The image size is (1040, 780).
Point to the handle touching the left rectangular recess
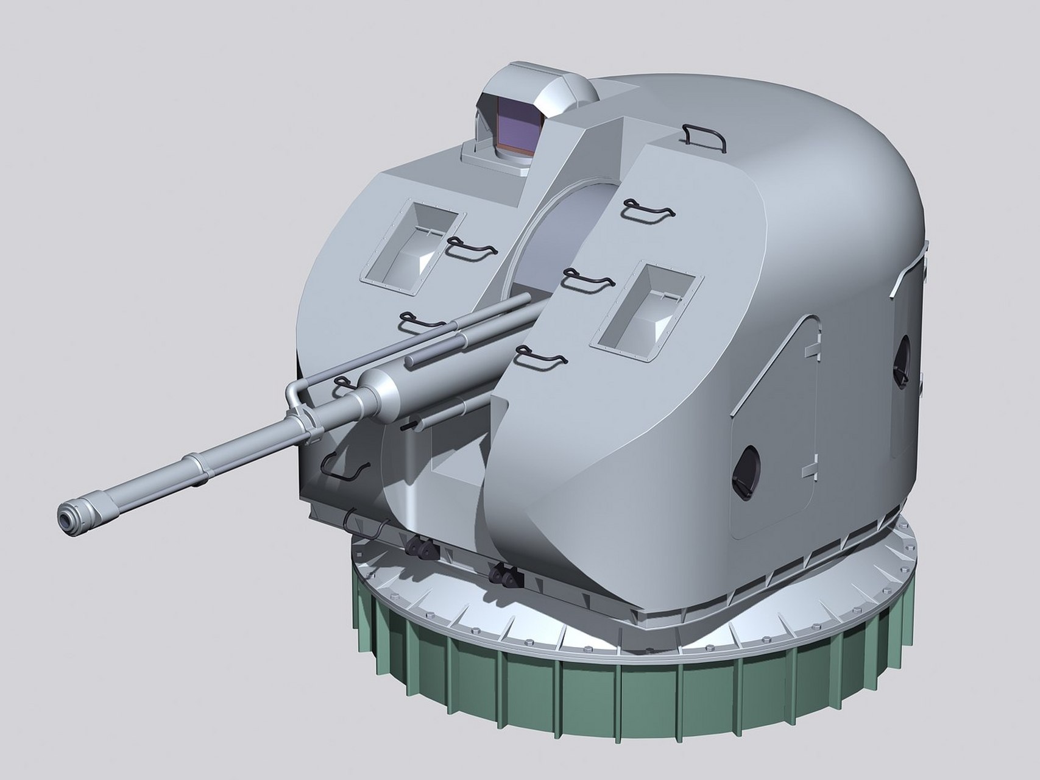(470, 247)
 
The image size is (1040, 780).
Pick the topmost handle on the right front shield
(649, 208)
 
